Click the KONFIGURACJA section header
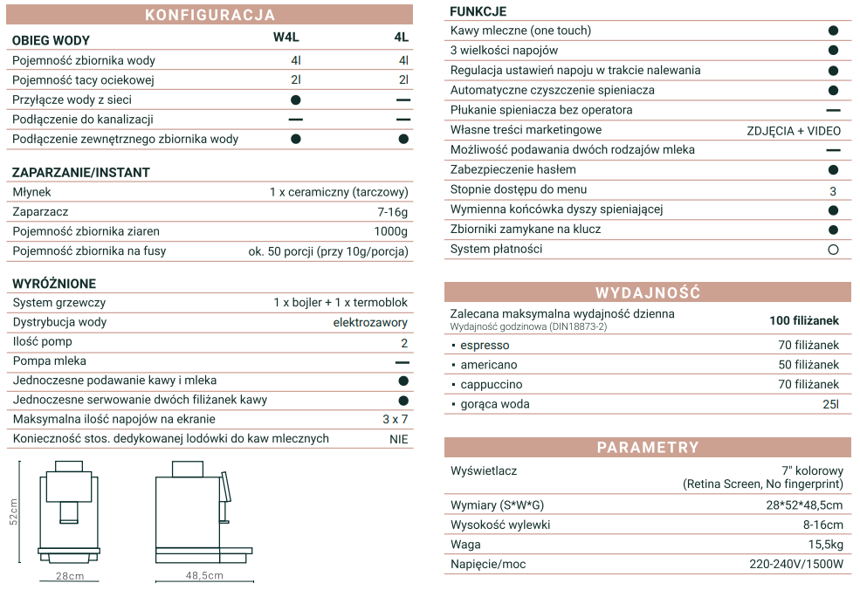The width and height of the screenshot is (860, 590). click(x=210, y=15)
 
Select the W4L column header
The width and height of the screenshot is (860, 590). click(x=286, y=38)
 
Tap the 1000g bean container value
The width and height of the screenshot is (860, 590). click(x=390, y=231)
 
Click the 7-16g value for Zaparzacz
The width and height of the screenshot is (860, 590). click(x=392, y=211)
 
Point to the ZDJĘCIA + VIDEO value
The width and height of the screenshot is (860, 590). click(x=794, y=131)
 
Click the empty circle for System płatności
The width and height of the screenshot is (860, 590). click(x=833, y=250)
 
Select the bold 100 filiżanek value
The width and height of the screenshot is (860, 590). click(x=803, y=320)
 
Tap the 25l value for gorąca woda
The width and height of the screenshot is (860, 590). click(x=830, y=404)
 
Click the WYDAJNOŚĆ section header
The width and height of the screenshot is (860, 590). click(x=648, y=292)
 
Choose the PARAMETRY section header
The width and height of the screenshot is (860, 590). click(x=648, y=448)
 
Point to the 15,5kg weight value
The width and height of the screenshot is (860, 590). click(x=825, y=545)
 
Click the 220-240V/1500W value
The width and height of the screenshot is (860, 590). click(x=796, y=564)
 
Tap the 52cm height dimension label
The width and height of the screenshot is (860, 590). click(x=14, y=511)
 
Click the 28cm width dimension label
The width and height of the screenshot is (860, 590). click(x=70, y=576)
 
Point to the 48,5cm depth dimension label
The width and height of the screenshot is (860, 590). click(x=204, y=575)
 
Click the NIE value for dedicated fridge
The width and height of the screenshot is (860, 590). click(x=398, y=439)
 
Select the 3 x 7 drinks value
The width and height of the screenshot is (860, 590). click(x=395, y=419)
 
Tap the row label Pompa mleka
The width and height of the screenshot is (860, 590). click(x=48, y=360)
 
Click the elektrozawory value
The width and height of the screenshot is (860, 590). click(x=370, y=322)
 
